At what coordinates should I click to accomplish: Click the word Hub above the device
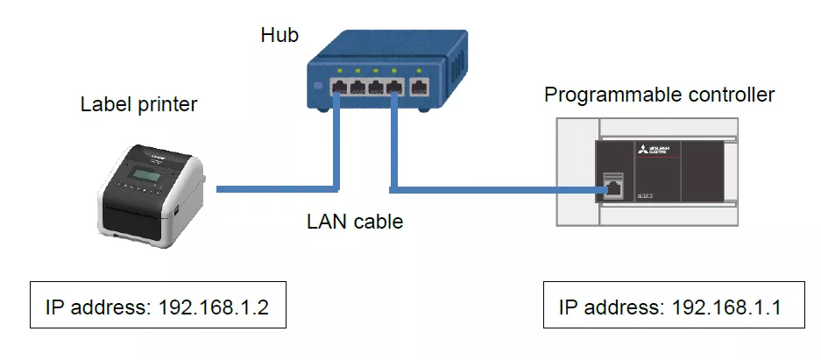pos(280,36)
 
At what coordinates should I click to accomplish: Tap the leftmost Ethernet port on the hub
pos(339,87)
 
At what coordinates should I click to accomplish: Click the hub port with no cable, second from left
pos(357,87)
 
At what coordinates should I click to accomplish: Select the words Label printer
pos(138,105)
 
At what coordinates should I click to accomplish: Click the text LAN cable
pos(355,222)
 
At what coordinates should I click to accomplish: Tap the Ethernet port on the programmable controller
pos(613,187)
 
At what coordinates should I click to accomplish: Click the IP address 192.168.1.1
pos(726,307)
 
